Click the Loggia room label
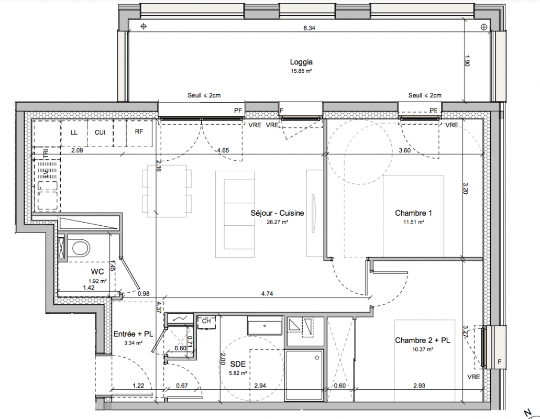(x=301, y=62)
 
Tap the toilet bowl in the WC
(x=79, y=248)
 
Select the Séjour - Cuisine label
(x=277, y=213)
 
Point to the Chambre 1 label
(x=413, y=213)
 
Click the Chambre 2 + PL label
(x=423, y=340)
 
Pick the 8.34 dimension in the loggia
(x=309, y=28)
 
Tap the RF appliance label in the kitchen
(x=139, y=131)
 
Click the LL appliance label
(x=74, y=132)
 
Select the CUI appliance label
(x=100, y=132)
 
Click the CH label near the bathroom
(x=206, y=321)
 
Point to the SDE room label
(x=238, y=364)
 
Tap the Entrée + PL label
(x=133, y=334)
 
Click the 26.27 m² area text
(x=277, y=222)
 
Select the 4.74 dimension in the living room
(x=267, y=294)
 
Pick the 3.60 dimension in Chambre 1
(x=404, y=150)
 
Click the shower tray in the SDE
(x=304, y=376)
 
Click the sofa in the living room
(x=235, y=214)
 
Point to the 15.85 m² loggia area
(x=301, y=71)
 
